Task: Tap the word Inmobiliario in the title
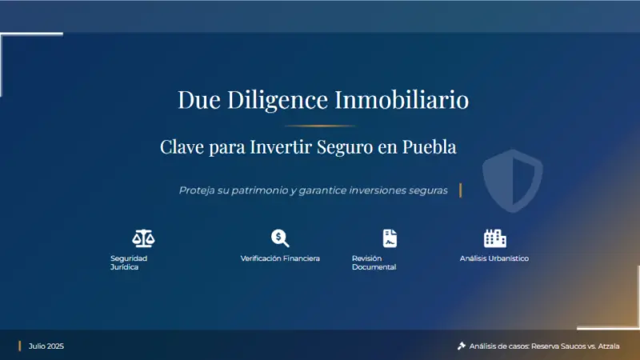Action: tap(402, 99)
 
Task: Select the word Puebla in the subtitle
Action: tap(429, 147)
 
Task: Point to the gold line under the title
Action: tap(319, 126)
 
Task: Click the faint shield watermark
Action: tap(513, 181)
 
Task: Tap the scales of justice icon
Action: tap(143, 238)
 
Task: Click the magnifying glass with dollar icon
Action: tap(280, 238)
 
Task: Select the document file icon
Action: tap(390, 238)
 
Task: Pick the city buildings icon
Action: tap(495, 238)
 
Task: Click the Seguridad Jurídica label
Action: tap(129, 262)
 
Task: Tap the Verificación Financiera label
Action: tap(280, 258)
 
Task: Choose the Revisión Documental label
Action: tap(374, 262)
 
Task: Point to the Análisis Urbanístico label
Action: tap(494, 258)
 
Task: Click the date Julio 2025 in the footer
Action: tap(46, 346)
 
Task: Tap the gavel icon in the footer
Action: tap(462, 346)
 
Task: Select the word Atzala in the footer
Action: tap(609, 346)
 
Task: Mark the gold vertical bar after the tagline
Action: tap(461, 190)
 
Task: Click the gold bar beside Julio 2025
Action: tap(19, 346)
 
